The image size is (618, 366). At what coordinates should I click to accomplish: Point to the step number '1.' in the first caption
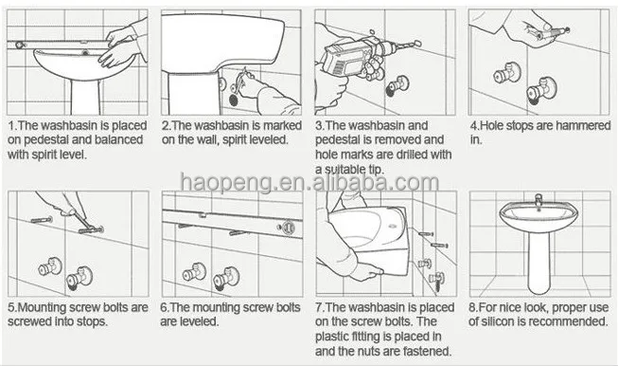click(12, 126)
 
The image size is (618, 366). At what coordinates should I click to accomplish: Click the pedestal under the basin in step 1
click(85, 97)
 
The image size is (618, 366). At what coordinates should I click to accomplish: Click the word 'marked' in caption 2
click(282, 125)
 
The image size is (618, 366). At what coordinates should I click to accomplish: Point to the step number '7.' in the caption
click(320, 307)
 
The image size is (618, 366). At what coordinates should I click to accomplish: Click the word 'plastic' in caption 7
click(330, 337)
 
